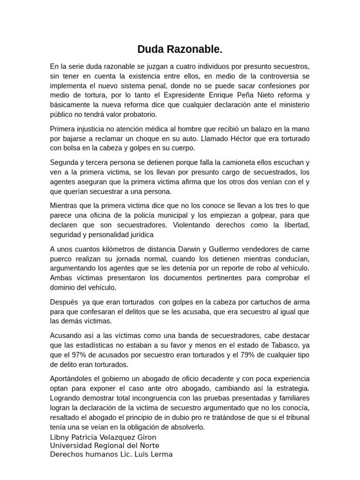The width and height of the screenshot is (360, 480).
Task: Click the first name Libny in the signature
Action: [x=60, y=437]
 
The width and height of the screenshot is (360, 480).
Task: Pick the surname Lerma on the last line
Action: [x=162, y=454]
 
